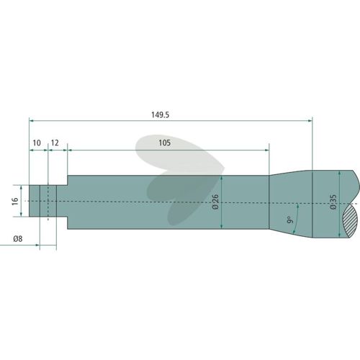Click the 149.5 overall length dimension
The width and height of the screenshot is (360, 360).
click(x=160, y=114)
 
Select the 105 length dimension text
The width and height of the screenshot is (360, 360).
click(x=165, y=143)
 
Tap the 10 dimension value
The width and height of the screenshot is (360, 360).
click(x=37, y=143)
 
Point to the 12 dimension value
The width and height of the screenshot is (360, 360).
click(x=55, y=143)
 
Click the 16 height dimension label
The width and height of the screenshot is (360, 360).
click(x=15, y=201)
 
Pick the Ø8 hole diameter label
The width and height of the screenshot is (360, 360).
click(x=18, y=239)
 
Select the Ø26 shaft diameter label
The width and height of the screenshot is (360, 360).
click(x=215, y=202)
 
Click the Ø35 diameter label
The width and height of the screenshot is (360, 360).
click(x=333, y=202)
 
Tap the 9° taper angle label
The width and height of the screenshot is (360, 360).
click(x=290, y=220)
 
